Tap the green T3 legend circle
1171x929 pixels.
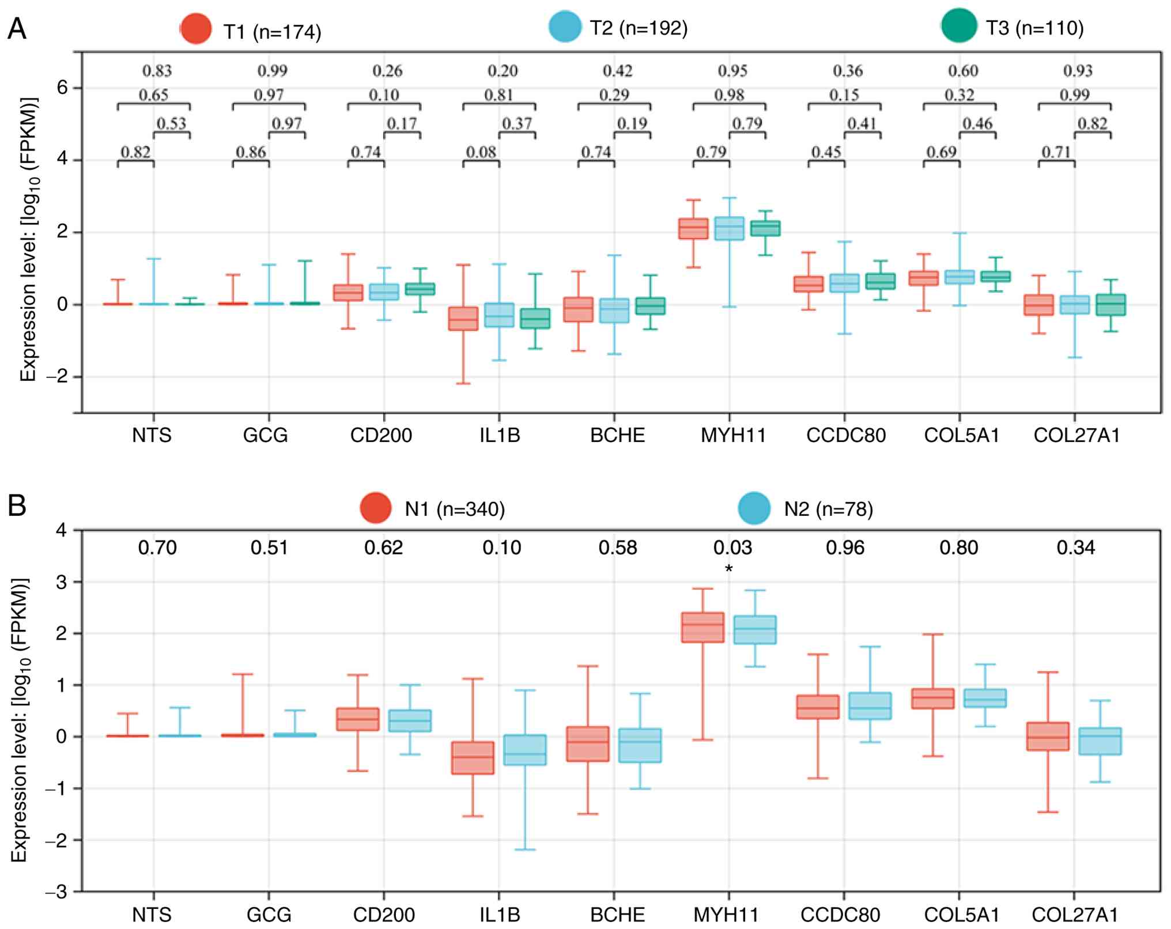click(x=959, y=27)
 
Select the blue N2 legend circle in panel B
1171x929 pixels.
click(x=754, y=508)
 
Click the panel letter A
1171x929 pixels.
click(x=17, y=28)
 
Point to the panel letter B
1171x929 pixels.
click(x=17, y=505)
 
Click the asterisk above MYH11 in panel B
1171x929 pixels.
click(x=729, y=570)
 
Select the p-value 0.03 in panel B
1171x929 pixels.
click(x=732, y=547)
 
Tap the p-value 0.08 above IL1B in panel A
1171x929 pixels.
click(x=481, y=152)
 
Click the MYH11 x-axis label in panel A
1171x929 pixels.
click(x=733, y=435)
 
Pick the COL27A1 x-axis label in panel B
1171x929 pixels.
click(x=1074, y=915)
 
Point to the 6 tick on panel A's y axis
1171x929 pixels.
click(x=62, y=88)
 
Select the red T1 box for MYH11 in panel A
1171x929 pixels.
click(x=693, y=229)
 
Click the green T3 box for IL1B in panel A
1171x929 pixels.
click(x=535, y=318)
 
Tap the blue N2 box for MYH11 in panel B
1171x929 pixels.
click(x=754, y=629)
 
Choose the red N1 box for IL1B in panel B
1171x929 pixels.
click(x=473, y=757)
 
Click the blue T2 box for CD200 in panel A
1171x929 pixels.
click(x=384, y=292)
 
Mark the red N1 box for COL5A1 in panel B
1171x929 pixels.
click(x=932, y=698)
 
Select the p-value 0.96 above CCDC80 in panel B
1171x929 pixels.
click(x=845, y=547)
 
